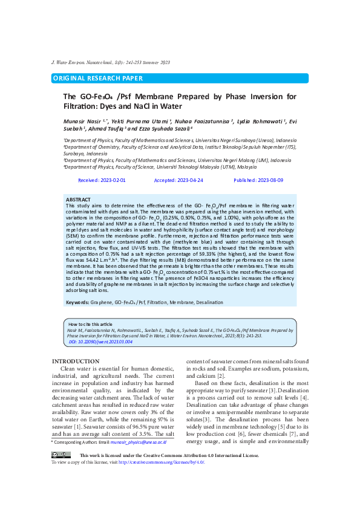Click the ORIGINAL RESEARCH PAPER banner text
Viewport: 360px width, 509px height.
click(98, 78)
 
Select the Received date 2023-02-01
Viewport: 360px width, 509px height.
click(102, 181)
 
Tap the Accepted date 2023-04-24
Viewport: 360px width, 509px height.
click(178, 181)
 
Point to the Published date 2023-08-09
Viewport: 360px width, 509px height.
click(258, 181)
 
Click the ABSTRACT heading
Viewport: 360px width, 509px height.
click(78, 199)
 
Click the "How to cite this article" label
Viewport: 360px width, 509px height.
click(90, 325)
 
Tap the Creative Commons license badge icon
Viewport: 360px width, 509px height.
click(61, 455)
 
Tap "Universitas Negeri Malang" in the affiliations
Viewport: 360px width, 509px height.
click(237, 160)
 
